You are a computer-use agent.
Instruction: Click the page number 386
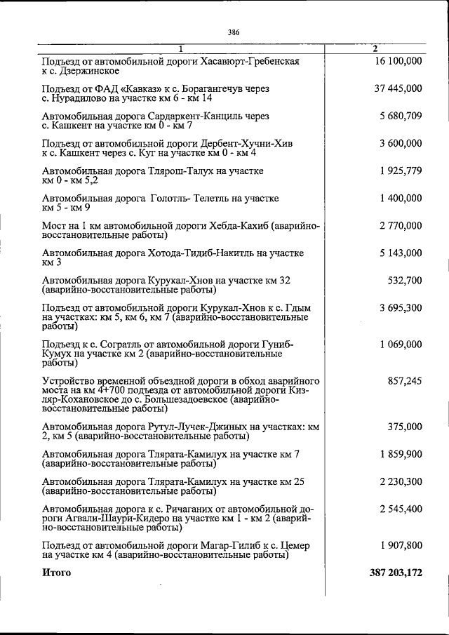point(234,32)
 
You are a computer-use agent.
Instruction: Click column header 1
point(180,48)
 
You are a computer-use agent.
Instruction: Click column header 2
point(375,48)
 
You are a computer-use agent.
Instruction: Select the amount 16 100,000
point(397,62)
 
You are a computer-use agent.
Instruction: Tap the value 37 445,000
point(397,89)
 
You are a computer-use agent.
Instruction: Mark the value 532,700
point(405,281)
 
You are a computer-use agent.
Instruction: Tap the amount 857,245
point(405,381)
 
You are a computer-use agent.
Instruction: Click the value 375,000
point(405,427)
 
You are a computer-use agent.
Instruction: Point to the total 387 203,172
point(396,573)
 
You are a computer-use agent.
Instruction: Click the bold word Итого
point(57,573)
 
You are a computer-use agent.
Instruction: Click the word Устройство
point(70,381)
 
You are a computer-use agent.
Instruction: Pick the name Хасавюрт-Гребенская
point(249,62)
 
